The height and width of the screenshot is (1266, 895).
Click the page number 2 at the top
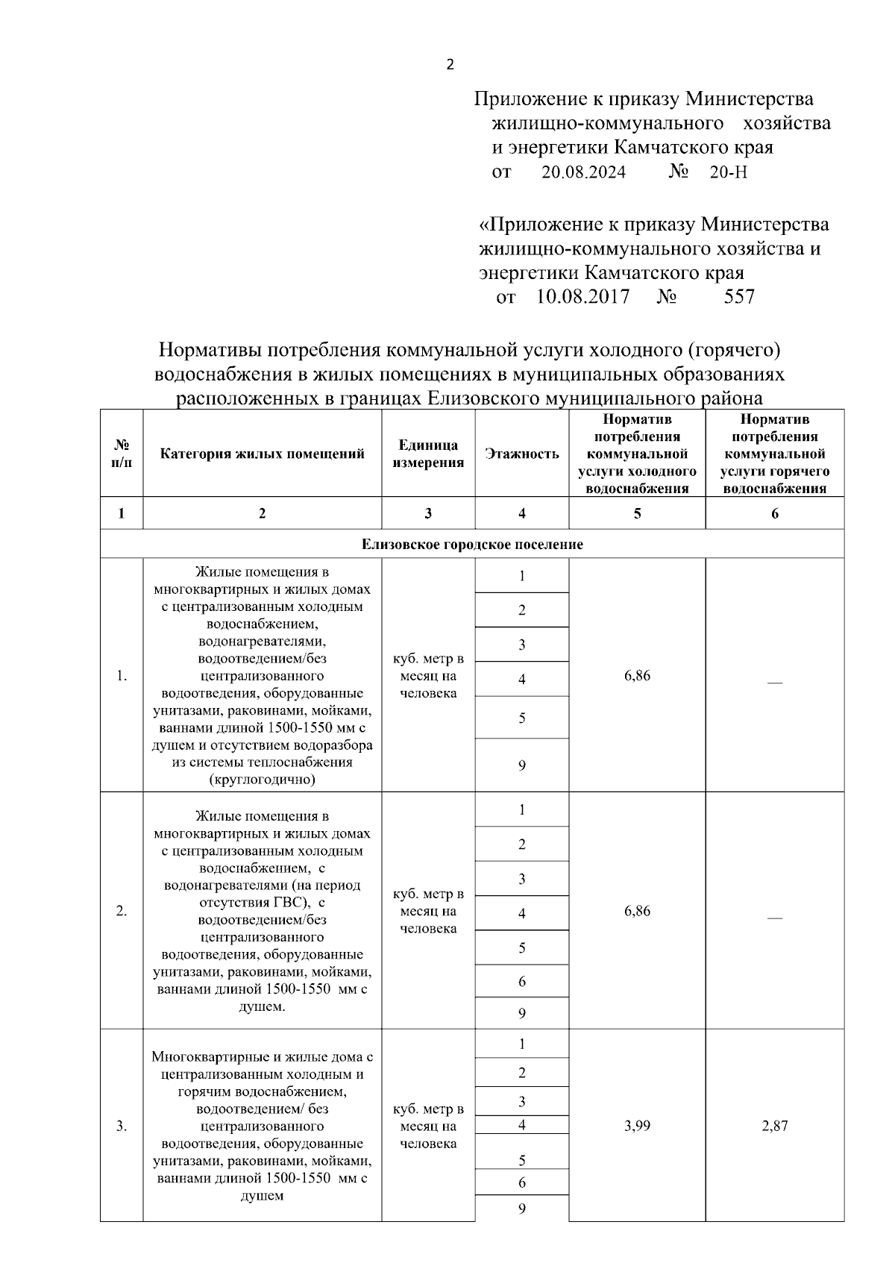[449, 65]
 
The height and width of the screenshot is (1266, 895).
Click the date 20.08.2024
[583, 173]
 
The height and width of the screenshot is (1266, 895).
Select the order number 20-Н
[728, 173]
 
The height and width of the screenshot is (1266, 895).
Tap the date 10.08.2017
[583, 297]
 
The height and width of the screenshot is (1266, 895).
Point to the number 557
[739, 297]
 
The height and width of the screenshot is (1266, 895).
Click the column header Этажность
[521, 454]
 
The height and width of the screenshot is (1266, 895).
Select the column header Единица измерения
[428, 454]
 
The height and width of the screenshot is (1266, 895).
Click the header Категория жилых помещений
[262, 454]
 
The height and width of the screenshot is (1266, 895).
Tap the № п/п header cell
[121, 454]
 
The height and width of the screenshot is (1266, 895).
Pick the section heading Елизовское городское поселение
[472, 545]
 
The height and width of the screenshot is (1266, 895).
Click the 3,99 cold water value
[637, 1126]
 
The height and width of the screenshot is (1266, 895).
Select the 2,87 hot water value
[774, 1126]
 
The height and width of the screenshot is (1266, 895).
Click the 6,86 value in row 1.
[637, 676]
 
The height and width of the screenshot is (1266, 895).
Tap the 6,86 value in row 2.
[637, 911]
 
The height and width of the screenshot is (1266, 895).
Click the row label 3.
[121, 1126]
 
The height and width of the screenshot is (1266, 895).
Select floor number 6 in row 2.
[522, 981]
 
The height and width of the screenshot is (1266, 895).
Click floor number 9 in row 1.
[522, 765]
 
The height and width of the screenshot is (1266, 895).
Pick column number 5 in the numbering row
[637, 513]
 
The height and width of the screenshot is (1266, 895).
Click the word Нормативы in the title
[209, 350]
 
